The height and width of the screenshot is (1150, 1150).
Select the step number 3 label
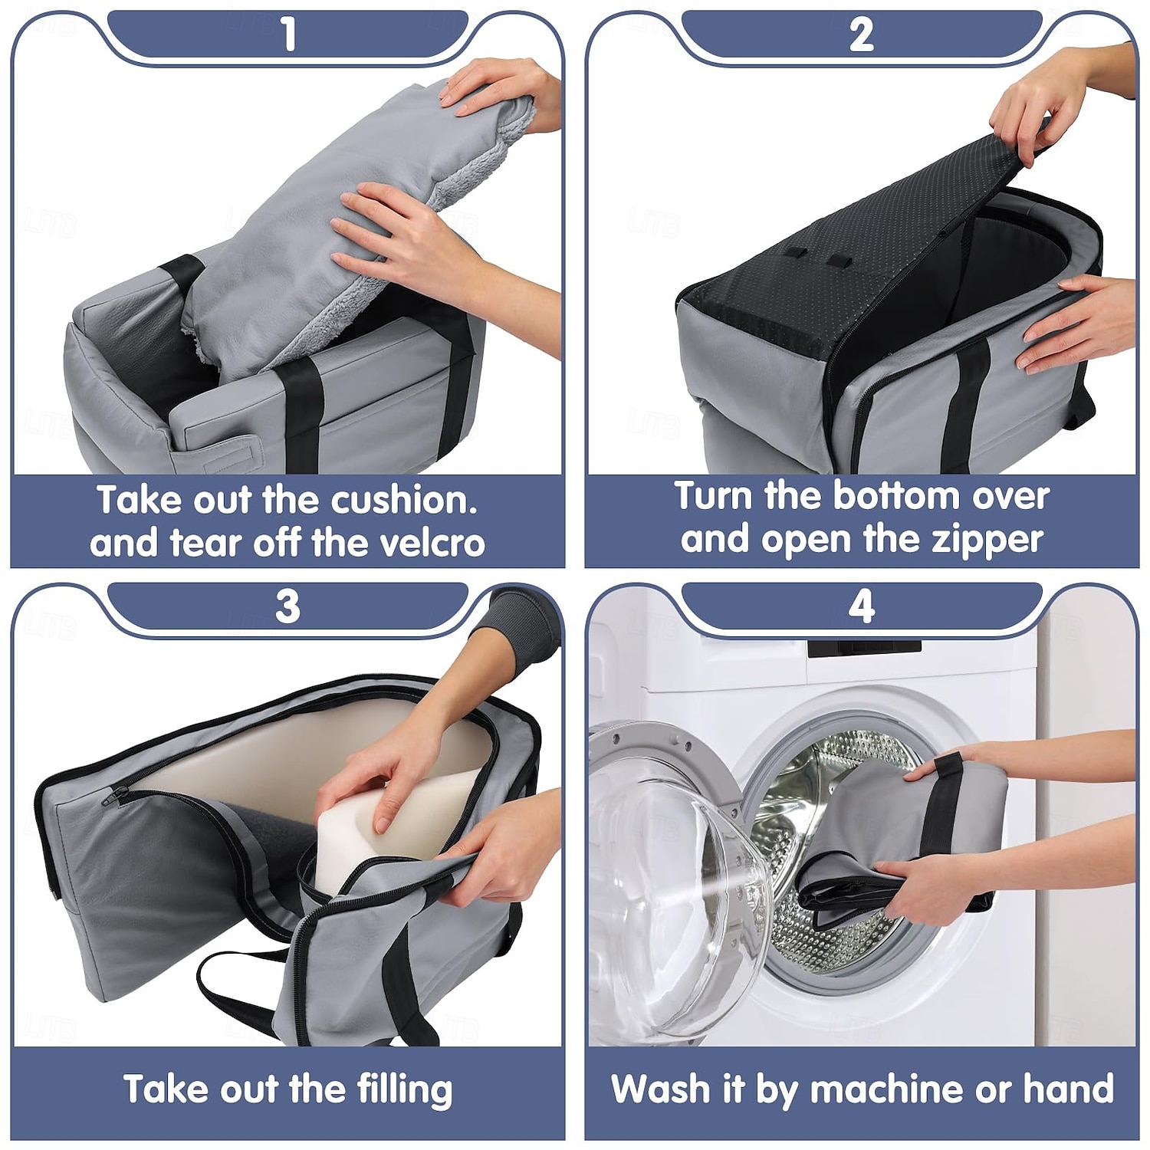[288, 606]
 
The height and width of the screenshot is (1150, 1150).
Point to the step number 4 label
[862, 606]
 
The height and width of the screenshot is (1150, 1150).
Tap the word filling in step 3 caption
[405, 1089]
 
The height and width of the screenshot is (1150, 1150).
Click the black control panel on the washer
[864, 646]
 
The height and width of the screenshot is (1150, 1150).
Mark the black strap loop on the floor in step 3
[238, 989]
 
